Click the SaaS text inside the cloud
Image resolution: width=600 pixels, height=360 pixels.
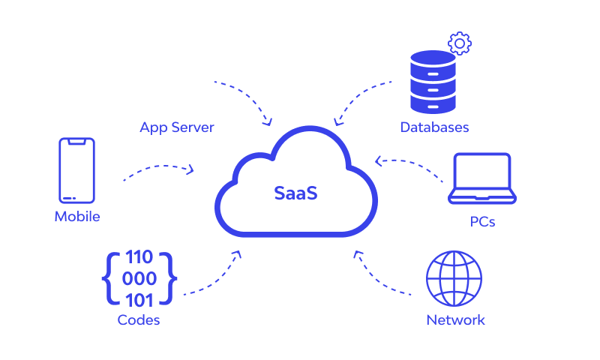(x=295, y=193)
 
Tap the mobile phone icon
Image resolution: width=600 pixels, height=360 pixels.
(x=77, y=170)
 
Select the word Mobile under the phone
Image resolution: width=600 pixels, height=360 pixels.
(x=77, y=217)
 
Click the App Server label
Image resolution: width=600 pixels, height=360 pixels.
(x=177, y=127)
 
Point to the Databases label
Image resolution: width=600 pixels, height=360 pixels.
(x=434, y=127)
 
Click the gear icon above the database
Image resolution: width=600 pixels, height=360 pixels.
(x=459, y=43)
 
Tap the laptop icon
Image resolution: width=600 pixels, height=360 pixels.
(x=482, y=179)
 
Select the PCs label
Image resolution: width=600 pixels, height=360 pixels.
(x=482, y=223)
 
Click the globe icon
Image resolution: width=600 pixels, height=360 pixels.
(x=453, y=277)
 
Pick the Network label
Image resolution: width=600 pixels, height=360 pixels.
(x=455, y=320)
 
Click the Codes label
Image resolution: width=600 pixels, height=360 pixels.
(x=139, y=320)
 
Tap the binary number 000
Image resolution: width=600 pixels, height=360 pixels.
(x=139, y=279)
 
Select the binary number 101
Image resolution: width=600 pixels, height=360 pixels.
(x=139, y=300)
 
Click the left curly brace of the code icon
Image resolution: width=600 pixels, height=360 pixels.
(x=109, y=279)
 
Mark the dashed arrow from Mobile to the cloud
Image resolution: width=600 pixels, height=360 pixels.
(x=159, y=169)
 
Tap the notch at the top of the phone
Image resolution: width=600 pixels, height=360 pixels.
(x=77, y=141)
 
